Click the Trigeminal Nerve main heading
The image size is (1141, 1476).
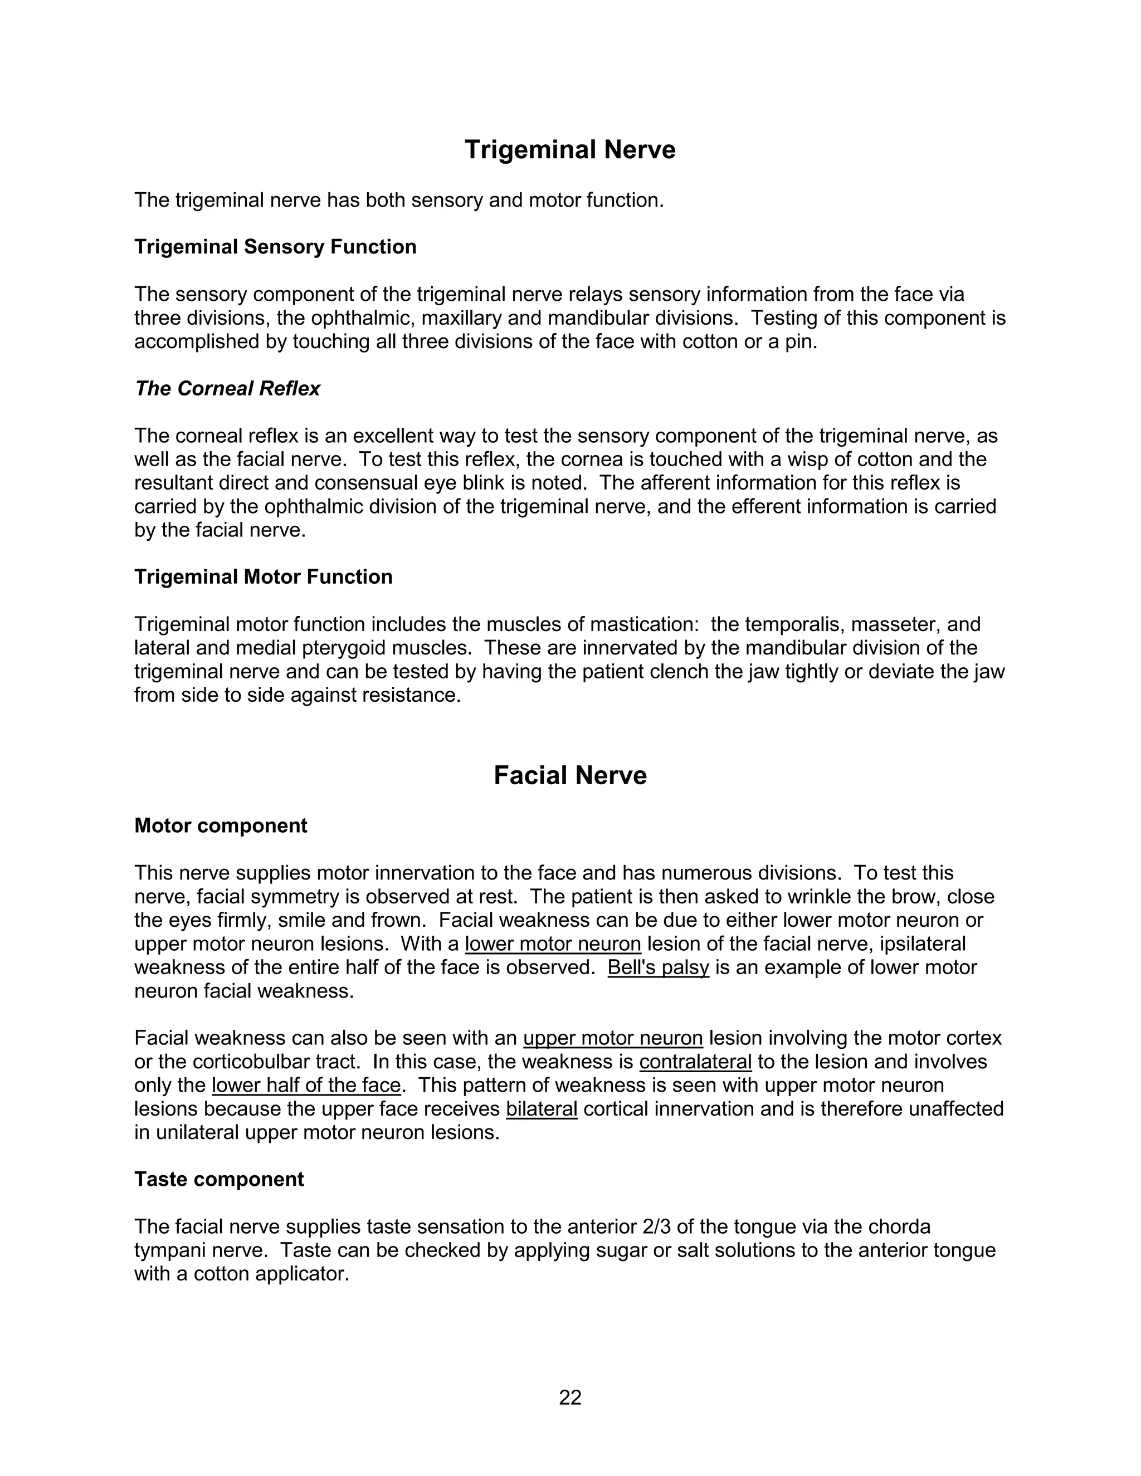[570, 150]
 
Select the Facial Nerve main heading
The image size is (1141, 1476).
[570, 775]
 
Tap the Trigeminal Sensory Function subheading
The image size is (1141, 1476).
[275, 247]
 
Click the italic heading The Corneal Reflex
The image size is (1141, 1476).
[227, 389]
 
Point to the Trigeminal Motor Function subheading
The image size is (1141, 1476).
[263, 576]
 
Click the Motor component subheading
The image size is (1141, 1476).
[221, 825]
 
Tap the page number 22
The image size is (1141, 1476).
[570, 1397]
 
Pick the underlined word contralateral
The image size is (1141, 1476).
[695, 1062]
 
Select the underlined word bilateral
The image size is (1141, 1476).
[542, 1109]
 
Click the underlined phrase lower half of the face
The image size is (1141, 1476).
[306, 1086]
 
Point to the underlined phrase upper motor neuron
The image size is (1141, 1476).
[613, 1038]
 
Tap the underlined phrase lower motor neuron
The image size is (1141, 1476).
[552, 944]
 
